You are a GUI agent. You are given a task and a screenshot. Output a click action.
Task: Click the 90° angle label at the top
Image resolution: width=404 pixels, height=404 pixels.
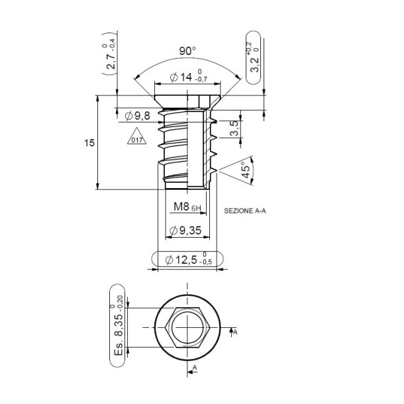pos(189,51)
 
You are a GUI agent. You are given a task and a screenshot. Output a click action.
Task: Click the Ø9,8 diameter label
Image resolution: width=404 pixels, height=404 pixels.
pos(138,116)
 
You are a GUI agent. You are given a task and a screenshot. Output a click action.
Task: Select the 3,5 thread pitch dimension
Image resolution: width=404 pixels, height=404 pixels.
pos(234,128)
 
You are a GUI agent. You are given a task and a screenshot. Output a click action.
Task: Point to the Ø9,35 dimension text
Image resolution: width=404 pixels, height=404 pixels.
pos(185,230)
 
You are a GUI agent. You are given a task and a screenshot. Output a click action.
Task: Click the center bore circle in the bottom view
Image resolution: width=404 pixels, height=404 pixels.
pos(188,327)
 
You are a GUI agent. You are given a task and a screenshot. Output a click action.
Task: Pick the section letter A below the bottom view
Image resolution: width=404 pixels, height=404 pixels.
pos(195,366)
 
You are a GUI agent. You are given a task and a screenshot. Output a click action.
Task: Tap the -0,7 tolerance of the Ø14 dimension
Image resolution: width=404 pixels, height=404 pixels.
pos(211,81)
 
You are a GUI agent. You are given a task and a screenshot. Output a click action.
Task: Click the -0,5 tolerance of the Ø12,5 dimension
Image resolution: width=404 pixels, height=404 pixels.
pos(207,263)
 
